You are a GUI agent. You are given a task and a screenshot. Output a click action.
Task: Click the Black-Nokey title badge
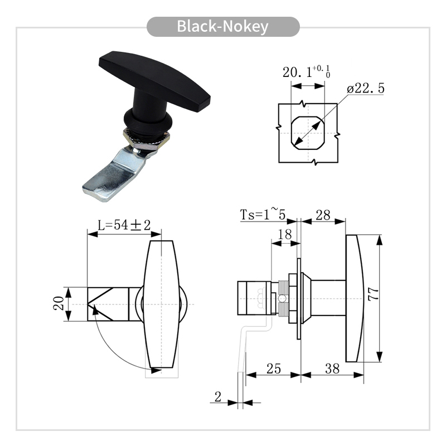(x=223, y=26)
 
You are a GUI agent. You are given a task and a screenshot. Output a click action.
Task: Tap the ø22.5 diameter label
(x=366, y=88)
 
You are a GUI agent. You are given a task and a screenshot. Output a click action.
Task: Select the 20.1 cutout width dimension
(x=306, y=72)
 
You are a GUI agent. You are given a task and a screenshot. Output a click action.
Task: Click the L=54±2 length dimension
(x=124, y=225)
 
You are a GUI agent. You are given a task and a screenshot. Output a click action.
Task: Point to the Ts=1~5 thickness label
(x=263, y=214)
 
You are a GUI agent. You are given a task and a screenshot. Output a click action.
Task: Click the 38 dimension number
(x=332, y=369)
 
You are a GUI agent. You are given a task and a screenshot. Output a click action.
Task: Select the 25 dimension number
(x=274, y=369)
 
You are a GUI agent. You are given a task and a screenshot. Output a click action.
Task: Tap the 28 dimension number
(x=323, y=215)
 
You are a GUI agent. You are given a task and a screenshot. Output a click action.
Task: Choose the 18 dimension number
(x=285, y=234)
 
